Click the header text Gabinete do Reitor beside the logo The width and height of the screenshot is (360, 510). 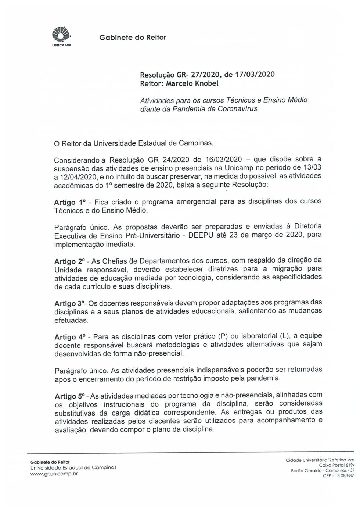click(133, 38)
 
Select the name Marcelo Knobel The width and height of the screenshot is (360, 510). click(192, 83)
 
